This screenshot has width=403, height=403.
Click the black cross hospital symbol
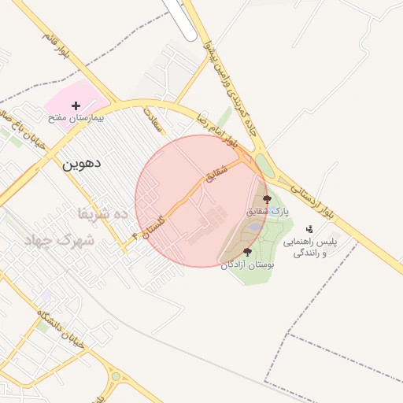[x=76, y=105]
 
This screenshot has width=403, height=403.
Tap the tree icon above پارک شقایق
[x=267, y=199]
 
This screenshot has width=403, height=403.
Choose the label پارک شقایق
[x=268, y=212]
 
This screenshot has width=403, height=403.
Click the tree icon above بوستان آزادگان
[x=248, y=253]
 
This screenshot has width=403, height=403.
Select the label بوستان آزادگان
[x=248, y=265]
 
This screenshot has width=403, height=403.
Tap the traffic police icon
[x=309, y=229]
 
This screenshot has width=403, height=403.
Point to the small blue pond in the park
[x=256, y=228]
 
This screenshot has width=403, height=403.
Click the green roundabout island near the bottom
[x=116, y=376]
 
